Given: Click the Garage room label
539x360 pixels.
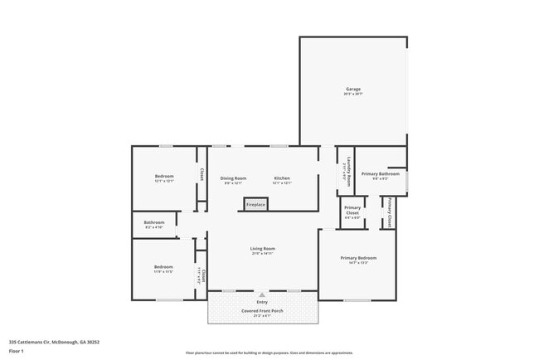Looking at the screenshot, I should coord(353,89).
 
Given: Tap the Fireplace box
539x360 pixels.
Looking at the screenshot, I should coord(255,204).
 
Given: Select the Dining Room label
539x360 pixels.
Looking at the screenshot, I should coord(233,178).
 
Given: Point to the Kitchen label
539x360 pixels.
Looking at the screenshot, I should coord(283,178).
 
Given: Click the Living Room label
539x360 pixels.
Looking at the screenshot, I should coord(263,248).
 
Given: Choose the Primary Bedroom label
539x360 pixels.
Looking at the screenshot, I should coord(357,258).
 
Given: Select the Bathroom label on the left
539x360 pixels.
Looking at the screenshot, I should coord(154,222).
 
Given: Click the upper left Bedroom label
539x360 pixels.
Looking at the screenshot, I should coord(163,176).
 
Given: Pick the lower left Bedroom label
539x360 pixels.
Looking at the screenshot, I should coord(163,267).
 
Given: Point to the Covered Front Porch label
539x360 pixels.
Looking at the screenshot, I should coord(262,311).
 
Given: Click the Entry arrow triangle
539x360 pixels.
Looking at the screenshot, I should coord(262,294).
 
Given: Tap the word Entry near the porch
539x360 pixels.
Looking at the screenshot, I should coord(262,302).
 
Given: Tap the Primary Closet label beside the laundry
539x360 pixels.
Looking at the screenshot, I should coord(352,210).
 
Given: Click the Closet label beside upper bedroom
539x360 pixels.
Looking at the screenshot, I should coord(202,174).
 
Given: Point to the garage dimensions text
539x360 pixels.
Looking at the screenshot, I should coord(353,95).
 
